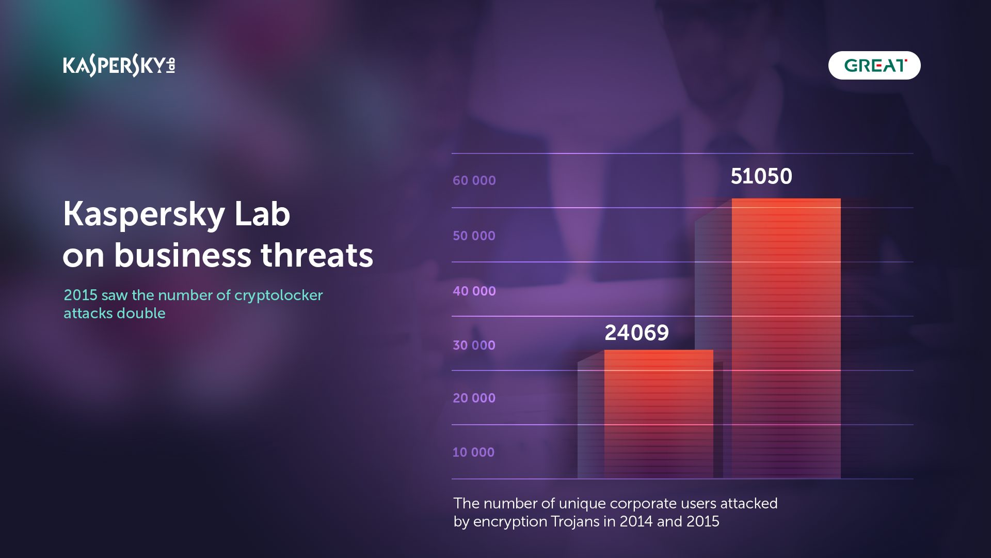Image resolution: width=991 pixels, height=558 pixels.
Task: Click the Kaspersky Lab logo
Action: [x=119, y=66]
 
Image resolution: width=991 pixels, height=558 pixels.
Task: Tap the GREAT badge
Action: [x=874, y=66]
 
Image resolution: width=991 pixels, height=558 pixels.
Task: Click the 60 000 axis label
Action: [x=474, y=181]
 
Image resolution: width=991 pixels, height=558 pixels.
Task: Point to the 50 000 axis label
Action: [x=474, y=236]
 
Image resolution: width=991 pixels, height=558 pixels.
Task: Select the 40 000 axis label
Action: [x=474, y=291]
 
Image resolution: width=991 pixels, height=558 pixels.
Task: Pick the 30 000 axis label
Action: [x=474, y=346]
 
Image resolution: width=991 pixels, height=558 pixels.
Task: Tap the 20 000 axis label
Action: [x=474, y=398]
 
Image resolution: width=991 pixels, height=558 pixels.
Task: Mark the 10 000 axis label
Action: [x=473, y=453]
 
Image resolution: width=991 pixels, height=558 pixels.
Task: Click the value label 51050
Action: [x=761, y=177]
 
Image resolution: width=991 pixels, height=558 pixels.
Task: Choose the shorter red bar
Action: [x=659, y=413]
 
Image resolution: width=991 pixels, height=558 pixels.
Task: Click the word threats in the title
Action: [x=316, y=255]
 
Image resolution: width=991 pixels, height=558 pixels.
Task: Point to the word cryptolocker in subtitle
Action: [x=278, y=296]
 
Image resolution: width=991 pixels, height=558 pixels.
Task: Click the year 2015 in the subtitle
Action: [x=81, y=296]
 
